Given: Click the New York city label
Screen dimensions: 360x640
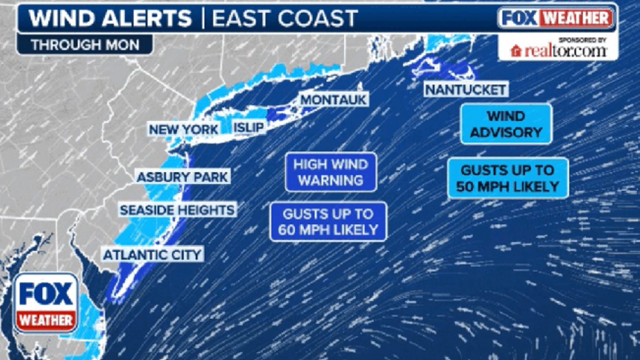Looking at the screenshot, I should [184, 130].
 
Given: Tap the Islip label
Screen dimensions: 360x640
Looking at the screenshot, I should [249, 128].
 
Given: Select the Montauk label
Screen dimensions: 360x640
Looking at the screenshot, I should [334, 100].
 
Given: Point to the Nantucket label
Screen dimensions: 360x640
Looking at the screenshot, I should [465, 90].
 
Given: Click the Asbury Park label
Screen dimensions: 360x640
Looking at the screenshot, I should [182, 177].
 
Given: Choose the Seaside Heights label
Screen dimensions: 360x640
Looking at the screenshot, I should [177, 210].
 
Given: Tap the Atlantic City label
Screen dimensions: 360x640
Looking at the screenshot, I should [152, 254].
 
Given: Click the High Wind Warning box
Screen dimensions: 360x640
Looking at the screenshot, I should [331, 172].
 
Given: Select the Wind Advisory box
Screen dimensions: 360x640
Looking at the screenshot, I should [506, 124].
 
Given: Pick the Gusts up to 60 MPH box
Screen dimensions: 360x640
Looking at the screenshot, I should [328, 222].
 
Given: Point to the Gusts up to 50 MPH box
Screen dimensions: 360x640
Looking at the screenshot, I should [508, 178].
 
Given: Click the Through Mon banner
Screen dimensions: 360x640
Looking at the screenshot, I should [85, 45].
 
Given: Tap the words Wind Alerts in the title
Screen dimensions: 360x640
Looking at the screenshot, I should [110, 19].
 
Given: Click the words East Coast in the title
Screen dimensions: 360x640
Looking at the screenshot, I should [285, 19].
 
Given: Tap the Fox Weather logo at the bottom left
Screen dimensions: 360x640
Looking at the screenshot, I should [46, 303].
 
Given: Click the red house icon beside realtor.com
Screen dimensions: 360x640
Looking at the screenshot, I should [516, 51].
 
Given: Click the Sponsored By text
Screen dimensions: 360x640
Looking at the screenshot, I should [582, 40].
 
